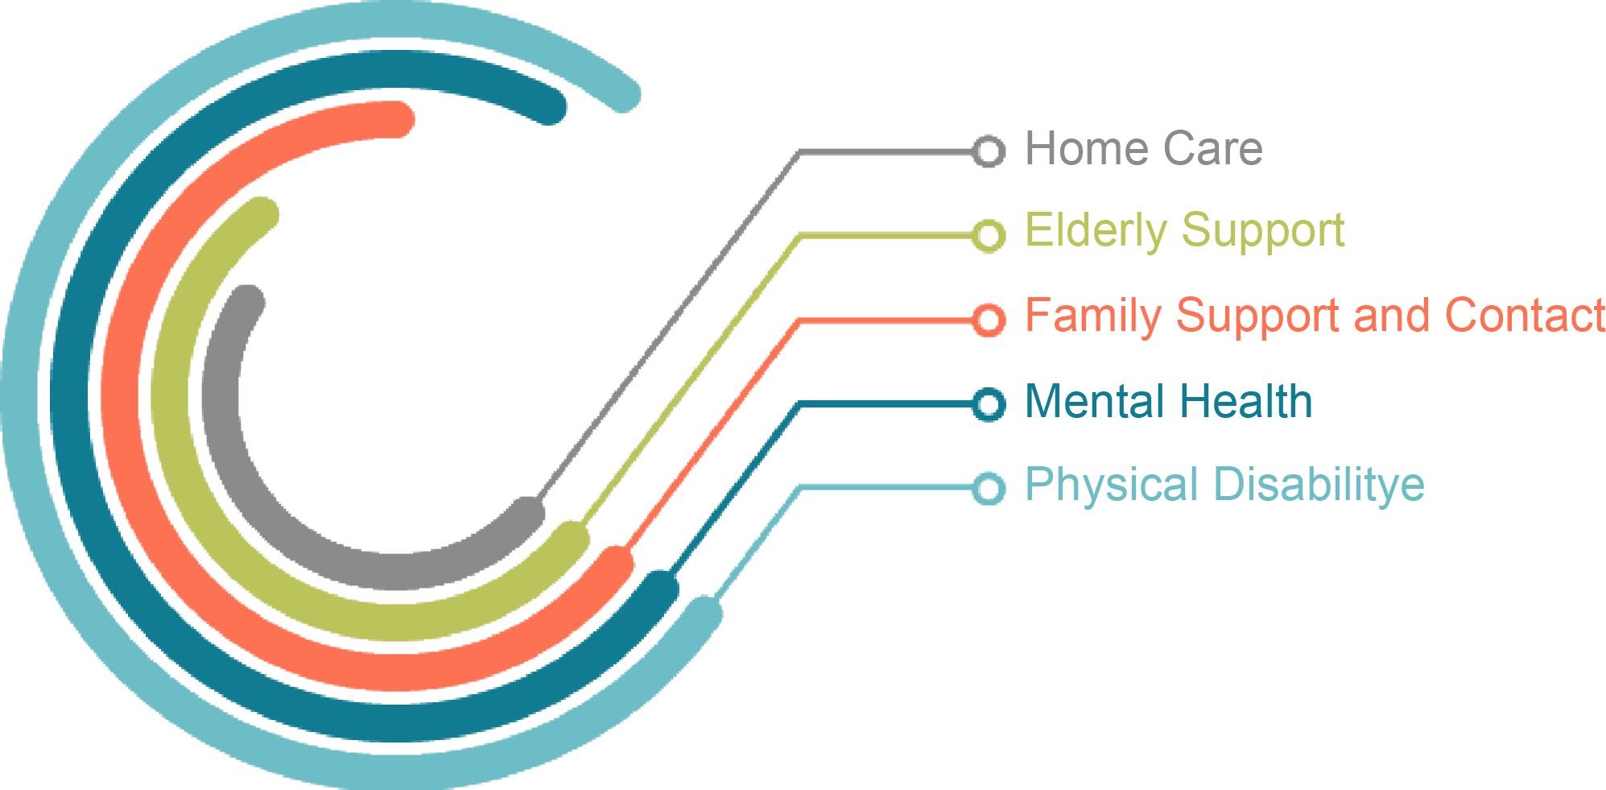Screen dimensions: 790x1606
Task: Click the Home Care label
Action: point(1143,149)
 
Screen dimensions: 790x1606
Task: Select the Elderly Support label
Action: point(1183,231)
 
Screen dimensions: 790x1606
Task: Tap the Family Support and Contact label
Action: point(1314,315)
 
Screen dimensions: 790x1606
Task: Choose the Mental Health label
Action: point(1168,401)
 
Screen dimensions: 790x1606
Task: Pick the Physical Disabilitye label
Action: point(1224,485)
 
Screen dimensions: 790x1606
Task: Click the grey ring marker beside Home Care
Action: point(989,151)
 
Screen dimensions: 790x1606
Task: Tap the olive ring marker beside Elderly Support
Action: point(989,235)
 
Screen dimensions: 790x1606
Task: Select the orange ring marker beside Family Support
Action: point(989,320)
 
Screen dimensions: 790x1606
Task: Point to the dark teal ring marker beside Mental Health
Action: point(989,403)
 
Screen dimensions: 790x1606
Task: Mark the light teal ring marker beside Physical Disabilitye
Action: point(989,488)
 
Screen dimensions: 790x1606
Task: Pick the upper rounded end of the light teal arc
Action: point(623,95)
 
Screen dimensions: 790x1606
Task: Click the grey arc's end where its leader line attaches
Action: point(528,514)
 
